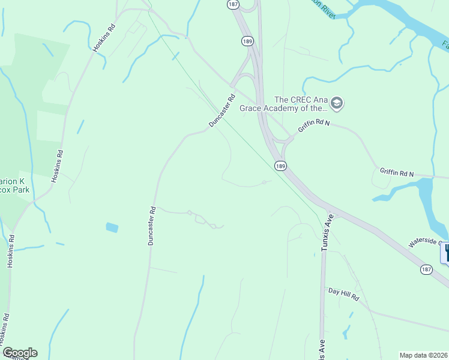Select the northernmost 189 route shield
click(247, 40)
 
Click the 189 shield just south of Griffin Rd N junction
click(280, 165)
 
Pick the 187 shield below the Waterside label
click(426, 270)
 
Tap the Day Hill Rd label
click(343, 294)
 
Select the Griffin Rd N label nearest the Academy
click(315, 128)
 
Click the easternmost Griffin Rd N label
click(397, 173)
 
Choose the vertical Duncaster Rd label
click(152, 226)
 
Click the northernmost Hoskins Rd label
click(103, 38)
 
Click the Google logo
click(20, 353)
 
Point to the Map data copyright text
click(424, 355)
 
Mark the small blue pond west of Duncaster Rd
click(112, 227)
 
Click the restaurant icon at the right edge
click(445, 253)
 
